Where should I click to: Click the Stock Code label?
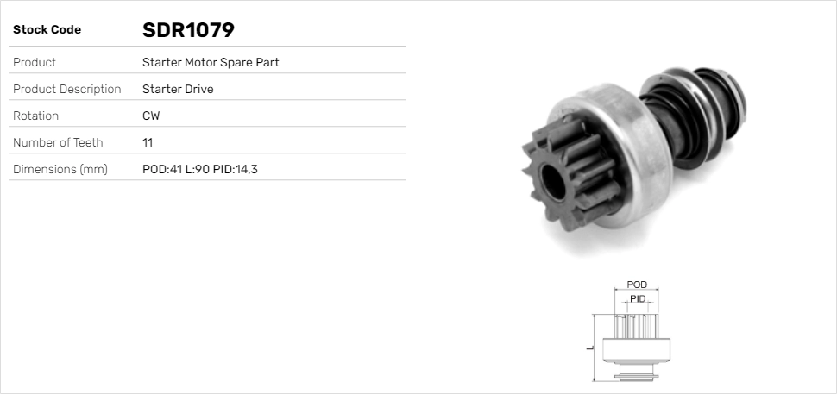tap(47, 30)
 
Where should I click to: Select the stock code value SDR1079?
tap(188, 30)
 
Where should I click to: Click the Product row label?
tap(35, 63)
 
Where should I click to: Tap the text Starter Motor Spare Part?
tap(211, 63)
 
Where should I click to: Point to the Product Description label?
tap(66, 90)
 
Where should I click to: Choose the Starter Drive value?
tap(178, 90)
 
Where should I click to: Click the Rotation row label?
tap(35, 116)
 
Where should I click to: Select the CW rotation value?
tap(151, 116)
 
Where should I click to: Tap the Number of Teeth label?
tap(58, 143)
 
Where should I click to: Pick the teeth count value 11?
tap(148, 143)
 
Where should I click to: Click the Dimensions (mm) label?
tap(60, 170)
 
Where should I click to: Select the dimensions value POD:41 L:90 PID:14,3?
tap(200, 170)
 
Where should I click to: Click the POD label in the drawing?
tap(637, 285)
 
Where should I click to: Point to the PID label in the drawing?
tap(638, 298)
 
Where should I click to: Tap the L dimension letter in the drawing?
tap(588, 347)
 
